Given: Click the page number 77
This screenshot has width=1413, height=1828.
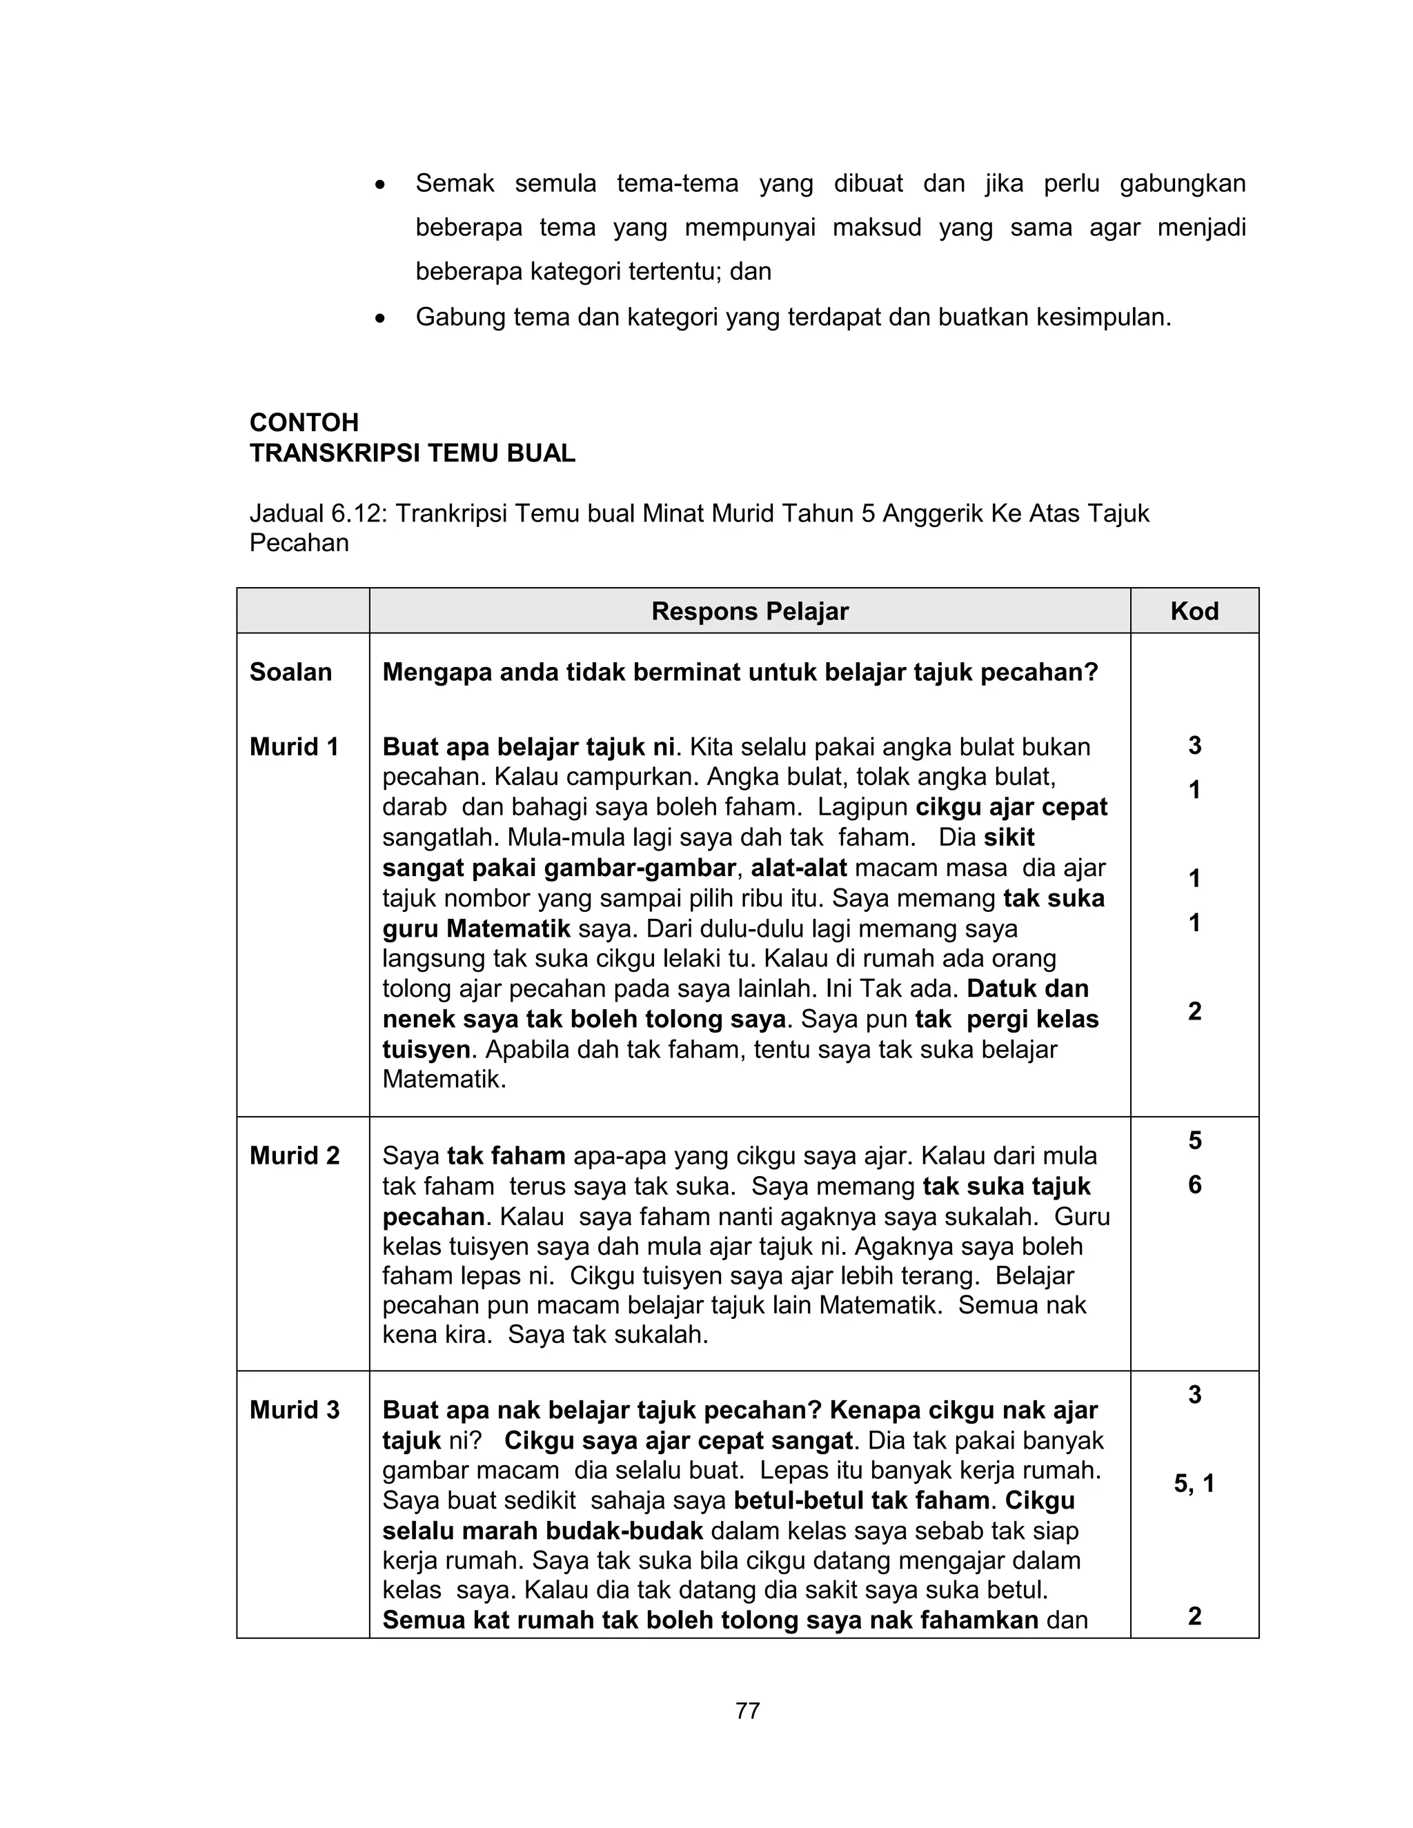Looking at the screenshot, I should tap(747, 1711).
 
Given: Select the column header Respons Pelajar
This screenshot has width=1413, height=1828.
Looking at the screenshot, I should tap(749, 611).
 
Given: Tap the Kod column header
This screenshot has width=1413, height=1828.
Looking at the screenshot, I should tap(1194, 611).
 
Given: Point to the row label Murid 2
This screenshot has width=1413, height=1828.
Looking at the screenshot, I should tap(294, 1156).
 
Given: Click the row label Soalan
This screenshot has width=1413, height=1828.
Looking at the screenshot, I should tap(290, 672).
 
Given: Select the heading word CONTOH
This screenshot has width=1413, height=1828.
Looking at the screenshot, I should tap(304, 422).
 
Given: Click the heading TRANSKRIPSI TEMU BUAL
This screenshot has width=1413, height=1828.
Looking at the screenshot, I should tap(412, 454).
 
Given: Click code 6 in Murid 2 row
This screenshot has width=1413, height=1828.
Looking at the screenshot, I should tap(1194, 1184).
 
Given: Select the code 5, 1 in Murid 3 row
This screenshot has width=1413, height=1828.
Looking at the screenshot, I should tap(1194, 1484).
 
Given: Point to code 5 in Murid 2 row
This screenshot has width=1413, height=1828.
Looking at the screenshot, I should tap(1194, 1140).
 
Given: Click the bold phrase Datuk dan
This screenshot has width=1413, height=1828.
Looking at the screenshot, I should tap(1027, 988).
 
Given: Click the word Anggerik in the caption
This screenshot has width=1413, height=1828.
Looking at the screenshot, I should tap(931, 513).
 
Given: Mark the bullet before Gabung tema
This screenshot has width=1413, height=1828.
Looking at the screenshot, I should tap(381, 319).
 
